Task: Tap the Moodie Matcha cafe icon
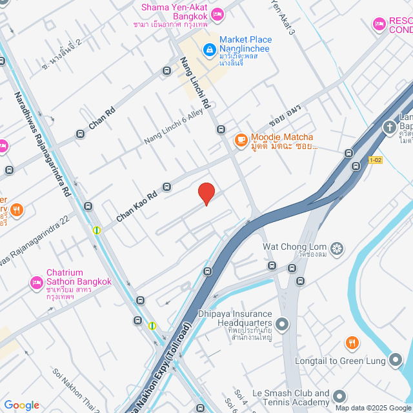(x=241, y=139)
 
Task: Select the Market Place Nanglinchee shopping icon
(x=209, y=49)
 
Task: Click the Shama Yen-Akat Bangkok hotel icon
(x=217, y=13)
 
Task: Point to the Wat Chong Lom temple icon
(x=336, y=248)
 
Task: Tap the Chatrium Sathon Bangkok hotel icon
(x=37, y=283)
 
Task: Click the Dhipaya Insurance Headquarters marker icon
(x=281, y=323)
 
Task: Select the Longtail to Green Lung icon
(x=395, y=360)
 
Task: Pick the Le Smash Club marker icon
(x=339, y=396)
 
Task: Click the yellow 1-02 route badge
(x=376, y=159)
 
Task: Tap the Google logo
(x=21, y=405)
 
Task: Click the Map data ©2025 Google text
(x=373, y=407)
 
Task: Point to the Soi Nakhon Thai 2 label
(x=76, y=391)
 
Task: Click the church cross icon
(x=390, y=126)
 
